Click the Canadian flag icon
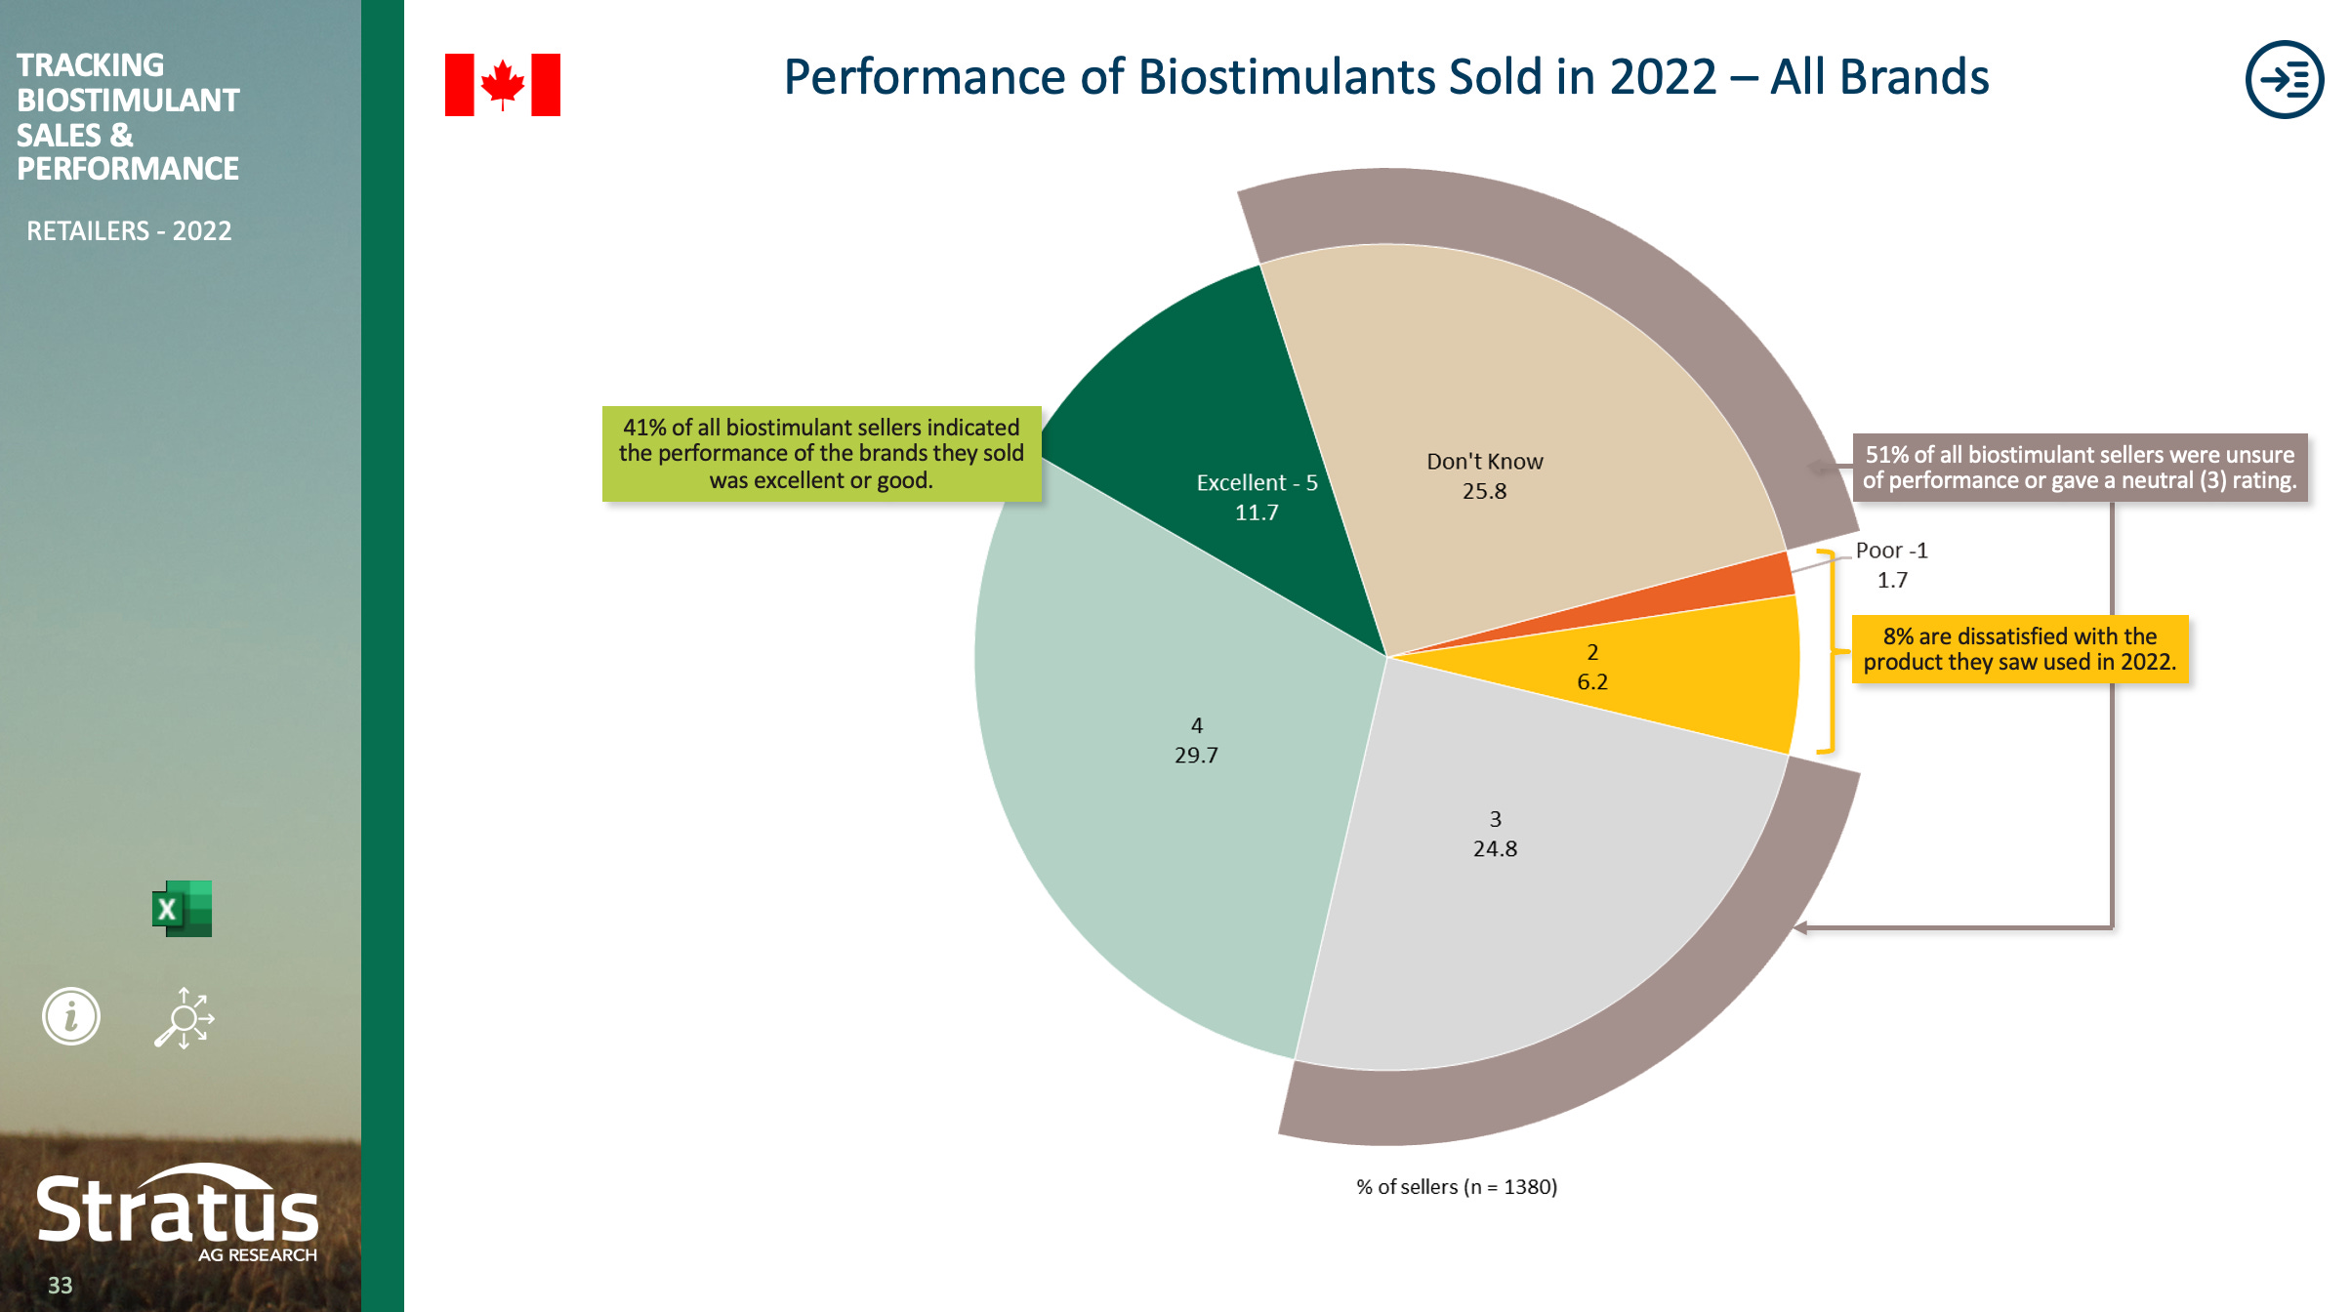click(x=502, y=85)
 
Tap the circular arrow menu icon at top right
click(x=2284, y=79)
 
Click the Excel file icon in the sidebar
click(x=183, y=909)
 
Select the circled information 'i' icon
click(x=71, y=1016)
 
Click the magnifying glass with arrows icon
click(x=185, y=1018)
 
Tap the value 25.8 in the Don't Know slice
click(x=1484, y=491)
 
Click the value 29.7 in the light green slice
click(x=1196, y=755)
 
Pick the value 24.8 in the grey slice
click(x=1495, y=848)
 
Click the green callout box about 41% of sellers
click(x=821, y=454)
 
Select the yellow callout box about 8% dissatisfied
click(x=2019, y=649)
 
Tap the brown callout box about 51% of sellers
click(x=2080, y=468)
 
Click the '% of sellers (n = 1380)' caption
click(x=1456, y=1187)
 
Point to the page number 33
click(x=60, y=1286)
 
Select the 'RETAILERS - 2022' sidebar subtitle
click(x=129, y=231)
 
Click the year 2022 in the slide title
click(x=1662, y=77)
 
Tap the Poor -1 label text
click(x=1891, y=551)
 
